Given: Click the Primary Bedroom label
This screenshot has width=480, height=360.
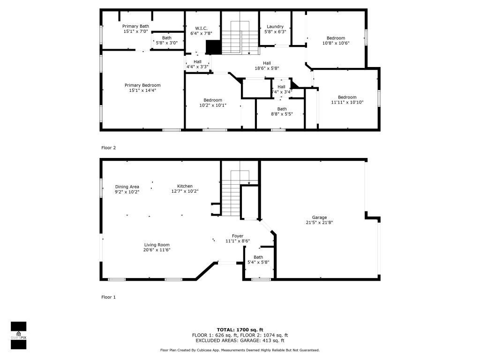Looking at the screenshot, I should pyautogui.click(x=142, y=85).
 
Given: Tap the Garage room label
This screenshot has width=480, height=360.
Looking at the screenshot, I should pyautogui.click(x=320, y=217).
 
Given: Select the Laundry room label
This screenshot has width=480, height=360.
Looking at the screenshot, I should pyautogui.click(x=275, y=27).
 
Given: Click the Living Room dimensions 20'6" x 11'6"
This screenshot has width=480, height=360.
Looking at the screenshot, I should pyautogui.click(x=157, y=250).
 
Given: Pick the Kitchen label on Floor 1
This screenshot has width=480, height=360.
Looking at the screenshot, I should pyautogui.click(x=185, y=186).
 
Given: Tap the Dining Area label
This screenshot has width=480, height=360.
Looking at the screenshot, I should pyautogui.click(x=127, y=187).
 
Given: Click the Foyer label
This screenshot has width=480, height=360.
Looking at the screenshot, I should pyautogui.click(x=238, y=236).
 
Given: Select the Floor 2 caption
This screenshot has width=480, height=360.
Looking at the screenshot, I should pyautogui.click(x=108, y=148).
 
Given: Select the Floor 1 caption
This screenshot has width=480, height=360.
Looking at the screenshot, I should pyautogui.click(x=108, y=297).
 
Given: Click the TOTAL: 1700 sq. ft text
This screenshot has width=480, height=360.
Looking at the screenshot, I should pyautogui.click(x=240, y=330).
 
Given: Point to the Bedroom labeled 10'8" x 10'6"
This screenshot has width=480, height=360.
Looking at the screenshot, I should pyautogui.click(x=336, y=38).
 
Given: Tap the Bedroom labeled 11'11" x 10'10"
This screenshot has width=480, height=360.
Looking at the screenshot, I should pyautogui.click(x=347, y=97).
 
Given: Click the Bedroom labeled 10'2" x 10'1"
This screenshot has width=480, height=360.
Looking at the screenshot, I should pyautogui.click(x=213, y=100).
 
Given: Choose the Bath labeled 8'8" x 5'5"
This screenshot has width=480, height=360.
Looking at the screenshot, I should pyautogui.click(x=282, y=109).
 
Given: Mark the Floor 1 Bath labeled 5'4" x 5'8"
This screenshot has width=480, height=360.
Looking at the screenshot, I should pyautogui.click(x=258, y=257).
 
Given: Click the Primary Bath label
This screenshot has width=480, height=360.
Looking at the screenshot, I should pyautogui.click(x=135, y=26).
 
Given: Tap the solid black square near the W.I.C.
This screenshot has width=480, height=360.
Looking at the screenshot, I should pyautogui.click(x=213, y=47).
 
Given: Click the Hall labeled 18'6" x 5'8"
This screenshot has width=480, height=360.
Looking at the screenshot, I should pyautogui.click(x=267, y=63).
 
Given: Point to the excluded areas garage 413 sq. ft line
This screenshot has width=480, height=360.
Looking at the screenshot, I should pyautogui.click(x=240, y=341).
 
